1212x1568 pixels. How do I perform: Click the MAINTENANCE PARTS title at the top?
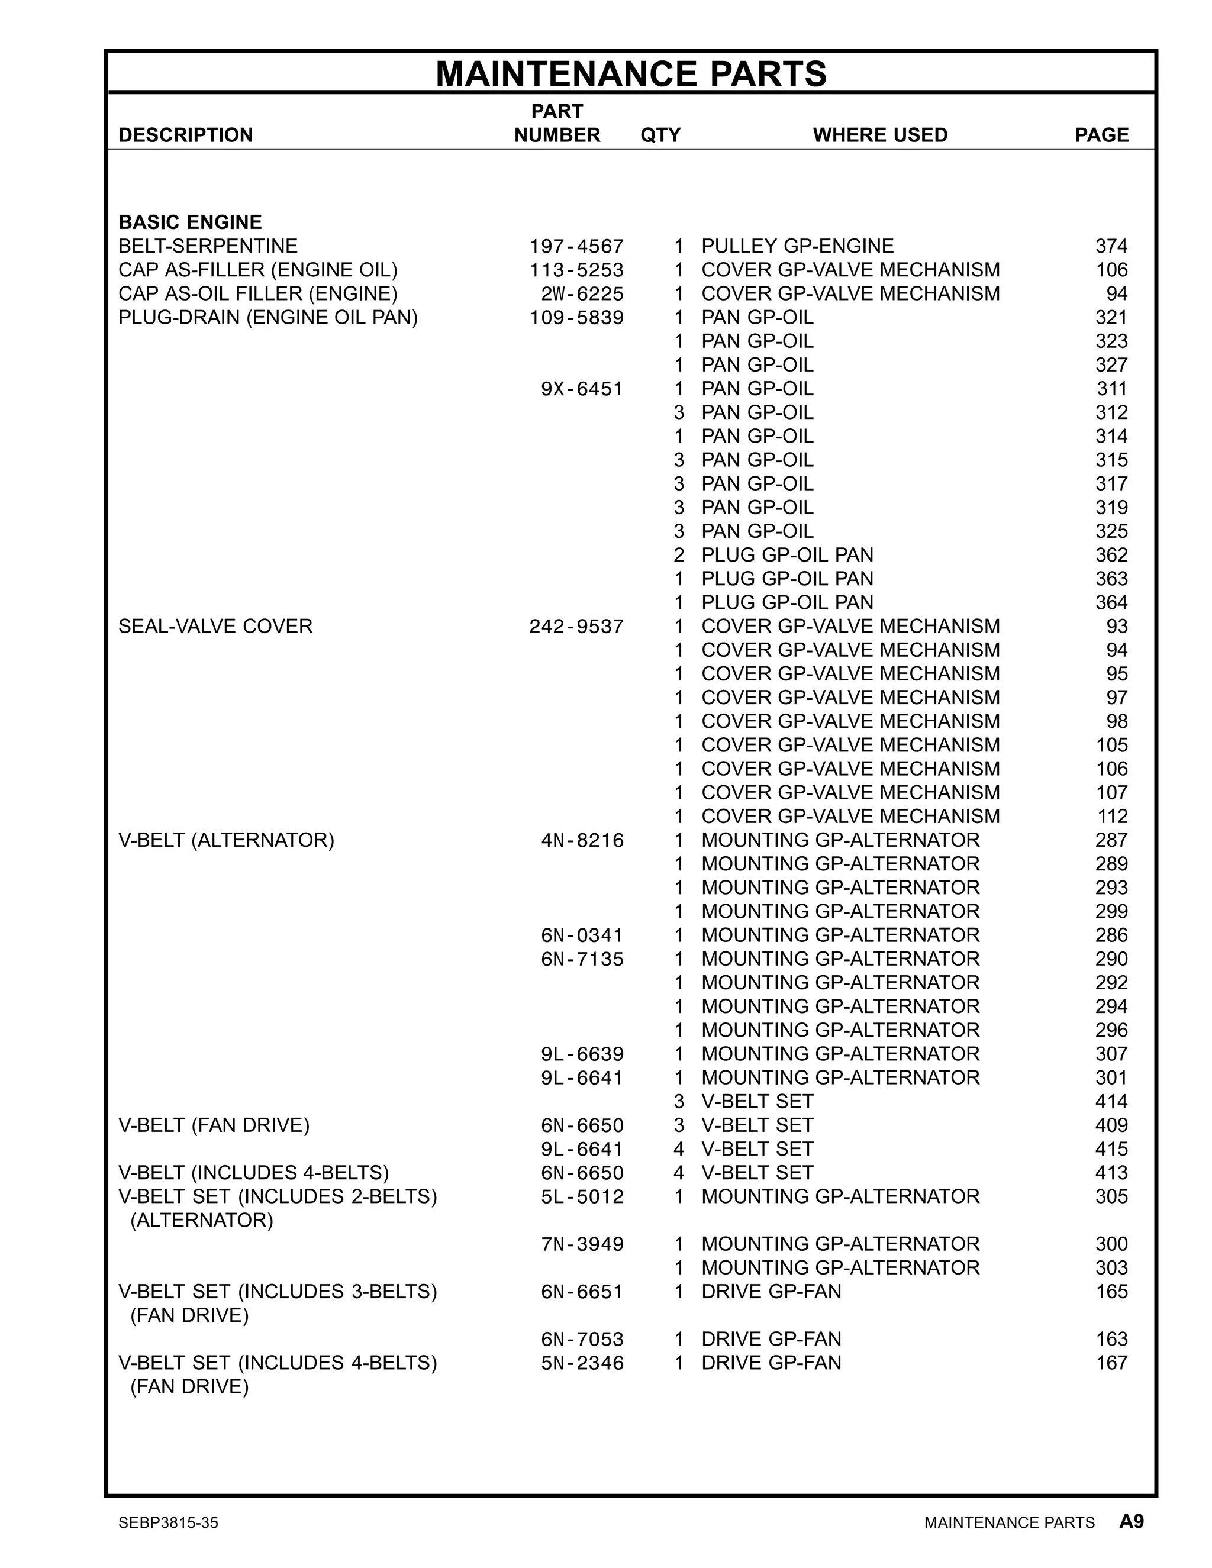[x=631, y=73]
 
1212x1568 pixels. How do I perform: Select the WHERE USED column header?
[x=879, y=135]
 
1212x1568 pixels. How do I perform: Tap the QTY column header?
[x=660, y=135]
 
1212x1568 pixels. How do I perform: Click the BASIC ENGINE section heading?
[x=191, y=222]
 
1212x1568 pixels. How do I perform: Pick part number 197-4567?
[x=576, y=246]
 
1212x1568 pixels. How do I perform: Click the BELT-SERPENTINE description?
[x=208, y=246]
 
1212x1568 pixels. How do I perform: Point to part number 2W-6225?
[x=582, y=293]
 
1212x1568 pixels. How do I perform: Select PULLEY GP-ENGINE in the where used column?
[x=797, y=246]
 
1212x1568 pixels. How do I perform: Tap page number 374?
[x=1111, y=246]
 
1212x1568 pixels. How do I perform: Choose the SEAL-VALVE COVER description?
[x=215, y=626]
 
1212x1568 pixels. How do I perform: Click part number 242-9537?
[x=576, y=626]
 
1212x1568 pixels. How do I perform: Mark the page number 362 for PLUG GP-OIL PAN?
[x=1111, y=555]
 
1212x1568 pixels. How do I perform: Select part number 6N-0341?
[x=582, y=935]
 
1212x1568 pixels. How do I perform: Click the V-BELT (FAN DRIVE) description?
[x=214, y=1125]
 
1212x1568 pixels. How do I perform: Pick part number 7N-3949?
[x=582, y=1244]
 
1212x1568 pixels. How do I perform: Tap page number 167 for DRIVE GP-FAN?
[x=1111, y=1363]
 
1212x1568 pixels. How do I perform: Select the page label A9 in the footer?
[x=1131, y=1521]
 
